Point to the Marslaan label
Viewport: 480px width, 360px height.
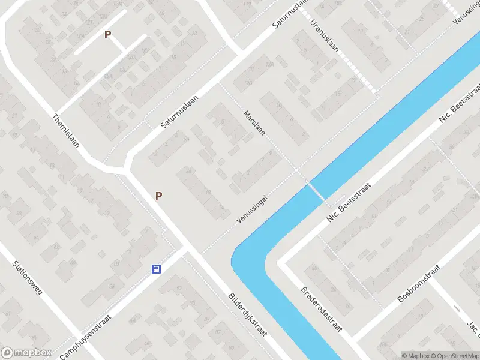pos(254,122)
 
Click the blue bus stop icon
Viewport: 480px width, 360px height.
pos(156,269)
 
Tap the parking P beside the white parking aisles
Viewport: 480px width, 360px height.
pos(108,35)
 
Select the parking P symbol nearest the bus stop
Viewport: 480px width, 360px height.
pos(159,196)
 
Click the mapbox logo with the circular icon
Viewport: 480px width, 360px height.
pos(26,353)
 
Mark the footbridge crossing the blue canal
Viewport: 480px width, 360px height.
pos(316,193)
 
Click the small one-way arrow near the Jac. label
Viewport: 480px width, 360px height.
pos(458,309)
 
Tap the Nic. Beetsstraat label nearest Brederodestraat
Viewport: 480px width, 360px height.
pos(350,203)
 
